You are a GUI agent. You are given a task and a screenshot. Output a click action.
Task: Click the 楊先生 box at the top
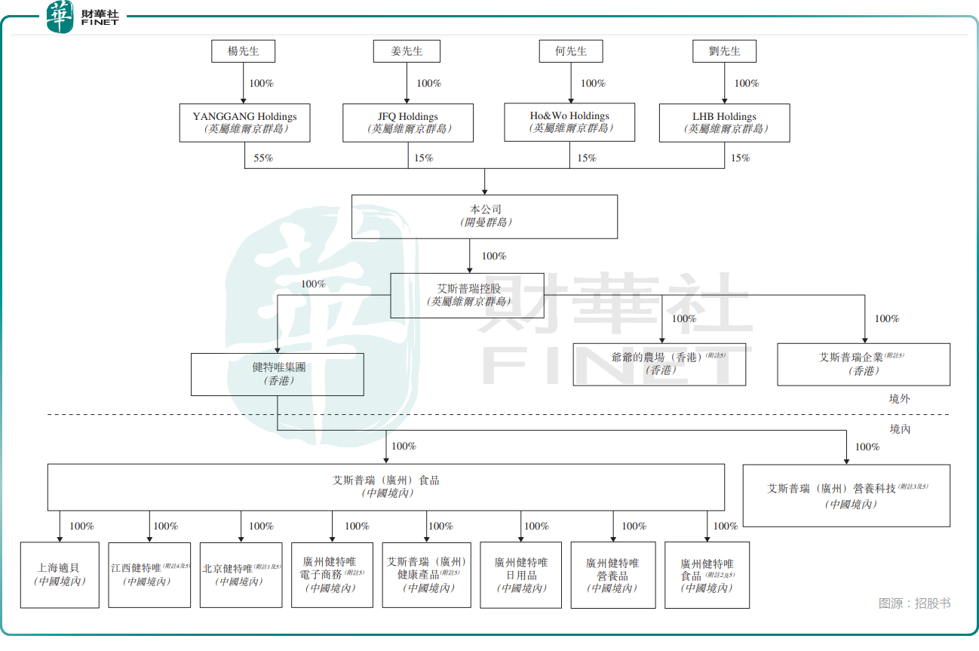[243, 51]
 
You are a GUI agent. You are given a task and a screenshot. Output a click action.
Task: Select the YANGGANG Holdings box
[244, 122]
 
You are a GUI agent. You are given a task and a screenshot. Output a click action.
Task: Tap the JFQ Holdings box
[407, 122]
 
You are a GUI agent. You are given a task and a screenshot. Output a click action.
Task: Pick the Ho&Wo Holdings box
[569, 121]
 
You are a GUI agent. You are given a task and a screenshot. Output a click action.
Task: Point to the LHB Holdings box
[724, 122]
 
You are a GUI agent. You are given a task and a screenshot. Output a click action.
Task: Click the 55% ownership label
[263, 158]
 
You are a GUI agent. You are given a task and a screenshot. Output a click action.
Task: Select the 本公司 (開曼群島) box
[484, 216]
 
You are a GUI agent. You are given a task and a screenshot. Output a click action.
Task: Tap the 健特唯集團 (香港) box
[278, 374]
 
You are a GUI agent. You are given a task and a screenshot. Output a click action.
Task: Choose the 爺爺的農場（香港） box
[659, 364]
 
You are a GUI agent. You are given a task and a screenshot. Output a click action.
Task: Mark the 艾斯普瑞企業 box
[864, 364]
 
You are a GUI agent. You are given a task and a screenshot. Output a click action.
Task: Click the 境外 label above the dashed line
[900, 399]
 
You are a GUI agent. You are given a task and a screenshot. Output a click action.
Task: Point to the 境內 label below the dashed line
[900, 429]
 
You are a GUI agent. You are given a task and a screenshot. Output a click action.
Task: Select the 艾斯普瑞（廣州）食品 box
[386, 487]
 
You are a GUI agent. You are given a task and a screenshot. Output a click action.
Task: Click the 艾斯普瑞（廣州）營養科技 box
[846, 496]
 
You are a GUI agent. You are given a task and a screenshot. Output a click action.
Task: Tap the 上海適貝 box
[60, 575]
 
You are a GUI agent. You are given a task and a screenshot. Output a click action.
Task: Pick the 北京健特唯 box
[241, 575]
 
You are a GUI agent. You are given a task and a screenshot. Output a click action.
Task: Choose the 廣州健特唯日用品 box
[521, 575]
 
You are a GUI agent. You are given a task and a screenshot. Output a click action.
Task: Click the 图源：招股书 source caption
[914, 603]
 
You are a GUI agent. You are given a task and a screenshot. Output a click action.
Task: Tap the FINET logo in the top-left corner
[83, 17]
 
